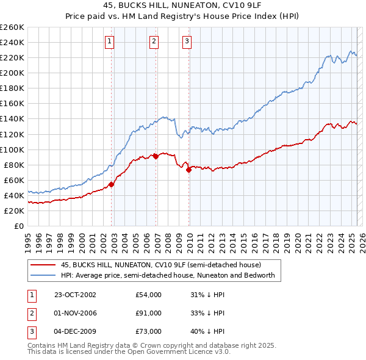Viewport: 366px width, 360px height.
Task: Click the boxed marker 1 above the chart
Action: coord(109,41)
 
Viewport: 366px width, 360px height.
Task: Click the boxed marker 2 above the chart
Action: coord(153,41)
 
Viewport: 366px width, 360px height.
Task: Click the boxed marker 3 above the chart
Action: coord(186,41)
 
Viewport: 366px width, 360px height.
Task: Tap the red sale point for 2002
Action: coord(112,184)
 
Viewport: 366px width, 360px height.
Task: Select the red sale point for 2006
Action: coord(156,156)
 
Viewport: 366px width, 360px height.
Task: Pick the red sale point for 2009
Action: coord(188,170)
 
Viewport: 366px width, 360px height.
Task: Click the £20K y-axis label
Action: coord(14,211)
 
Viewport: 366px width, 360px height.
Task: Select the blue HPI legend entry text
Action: coord(168,275)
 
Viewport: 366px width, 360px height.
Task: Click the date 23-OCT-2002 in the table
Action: coord(75,295)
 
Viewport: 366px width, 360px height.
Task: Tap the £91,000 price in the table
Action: coord(149,313)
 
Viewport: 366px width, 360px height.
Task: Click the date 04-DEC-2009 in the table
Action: coord(75,331)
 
